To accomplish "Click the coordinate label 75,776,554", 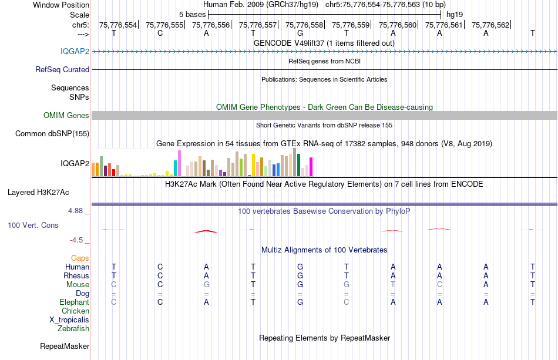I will coord(118,25).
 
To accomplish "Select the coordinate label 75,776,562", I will coord(490,25).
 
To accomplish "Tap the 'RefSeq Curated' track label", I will coord(62,69).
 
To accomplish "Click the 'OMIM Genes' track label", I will coord(66,116).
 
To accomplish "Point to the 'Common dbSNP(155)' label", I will coord(52,133).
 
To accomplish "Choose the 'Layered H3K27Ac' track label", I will coord(38,192).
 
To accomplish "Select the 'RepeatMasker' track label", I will coord(65,346).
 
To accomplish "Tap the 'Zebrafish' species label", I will coord(73,329).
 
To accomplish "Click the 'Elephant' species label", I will coord(74,302).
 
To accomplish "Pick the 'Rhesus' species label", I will coord(76,275).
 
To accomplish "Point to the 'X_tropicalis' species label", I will coord(69,320).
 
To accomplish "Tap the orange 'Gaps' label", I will coord(80,258).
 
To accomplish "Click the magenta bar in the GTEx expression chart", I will coord(311,167).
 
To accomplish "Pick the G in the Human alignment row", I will coord(300,267).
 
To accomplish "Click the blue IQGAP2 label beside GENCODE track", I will coord(75,51).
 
